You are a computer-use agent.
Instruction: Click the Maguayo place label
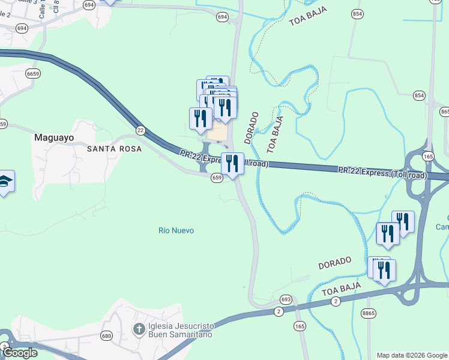[x=54, y=137]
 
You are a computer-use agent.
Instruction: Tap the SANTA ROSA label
[x=114, y=148]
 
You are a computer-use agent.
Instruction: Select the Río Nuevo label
[x=176, y=230]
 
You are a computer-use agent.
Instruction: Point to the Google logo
[x=19, y=353]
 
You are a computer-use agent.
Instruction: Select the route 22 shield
[x=140, y=130]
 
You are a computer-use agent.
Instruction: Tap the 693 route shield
[x=286, y=299]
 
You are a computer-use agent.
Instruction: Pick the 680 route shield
[x=106, y=335]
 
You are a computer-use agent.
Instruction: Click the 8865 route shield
[x=369, y=313]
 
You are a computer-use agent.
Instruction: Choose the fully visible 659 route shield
[x=217, y=178]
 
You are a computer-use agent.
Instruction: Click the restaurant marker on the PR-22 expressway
[x=232, y=163]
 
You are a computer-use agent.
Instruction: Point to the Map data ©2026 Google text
[x=412, y=355]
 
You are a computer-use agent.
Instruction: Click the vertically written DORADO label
[x=251, y=127]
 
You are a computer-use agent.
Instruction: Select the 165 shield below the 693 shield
[x=300, y=326]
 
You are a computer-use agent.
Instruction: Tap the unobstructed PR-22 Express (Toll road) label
[x=382, y=173]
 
